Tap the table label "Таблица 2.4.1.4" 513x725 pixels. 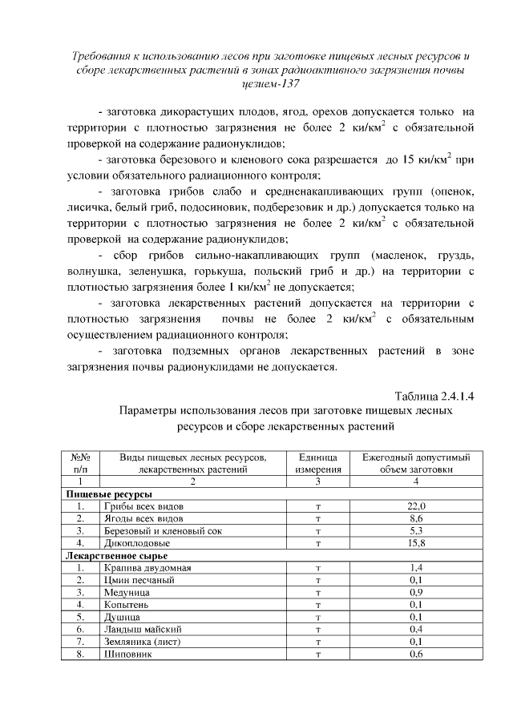point(430,396)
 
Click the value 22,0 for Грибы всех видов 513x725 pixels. point(416,506)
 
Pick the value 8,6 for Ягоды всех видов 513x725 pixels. point(416,518)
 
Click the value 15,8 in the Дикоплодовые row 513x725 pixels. point(416,543)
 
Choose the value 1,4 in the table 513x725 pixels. point(416,567)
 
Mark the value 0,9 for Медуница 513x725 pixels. point(416,592)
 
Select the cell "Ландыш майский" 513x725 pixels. point(142,629)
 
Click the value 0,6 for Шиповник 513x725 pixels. point(416,654)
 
